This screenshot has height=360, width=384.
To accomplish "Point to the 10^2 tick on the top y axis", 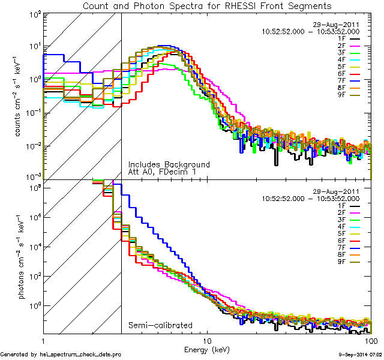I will point(34,13).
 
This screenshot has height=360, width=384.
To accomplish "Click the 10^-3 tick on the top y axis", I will point(32,177).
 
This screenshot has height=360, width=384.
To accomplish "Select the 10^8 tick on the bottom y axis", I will point(34,188).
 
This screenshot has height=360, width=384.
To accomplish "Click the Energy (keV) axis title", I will point(207,349).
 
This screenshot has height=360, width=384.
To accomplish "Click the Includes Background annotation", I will point(169,164).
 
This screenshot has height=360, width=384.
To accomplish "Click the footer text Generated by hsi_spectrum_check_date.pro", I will point(61,355).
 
